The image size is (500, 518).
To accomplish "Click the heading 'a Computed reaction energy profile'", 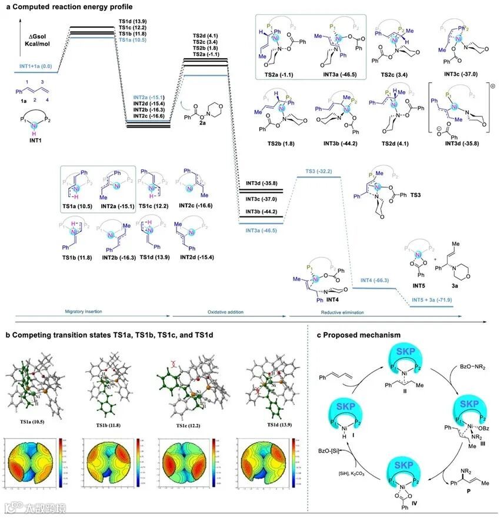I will click(51, 6).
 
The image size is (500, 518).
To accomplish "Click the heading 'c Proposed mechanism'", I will click(359, 334).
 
